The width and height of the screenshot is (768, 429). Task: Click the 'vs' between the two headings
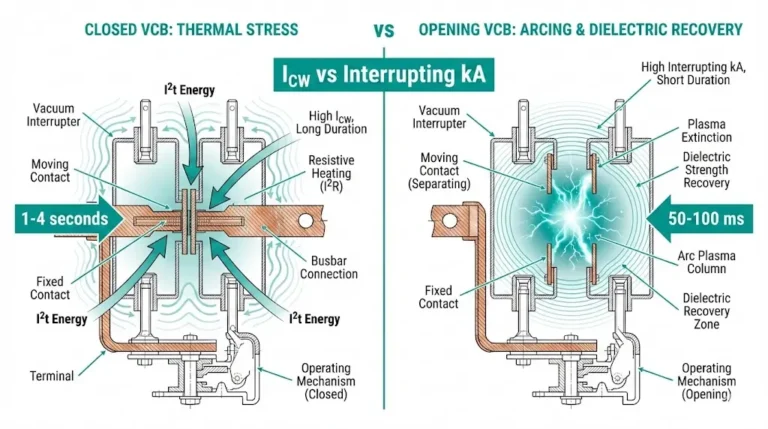[383, 30]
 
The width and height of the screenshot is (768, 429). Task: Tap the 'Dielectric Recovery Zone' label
[710, 311]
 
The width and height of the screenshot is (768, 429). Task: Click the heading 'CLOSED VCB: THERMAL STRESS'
[191, 29]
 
